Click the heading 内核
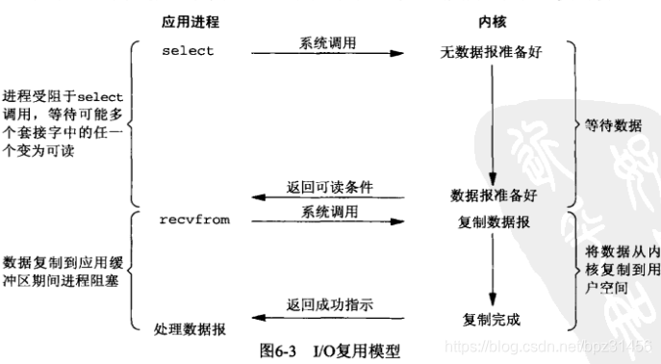[x=491, y=20]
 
